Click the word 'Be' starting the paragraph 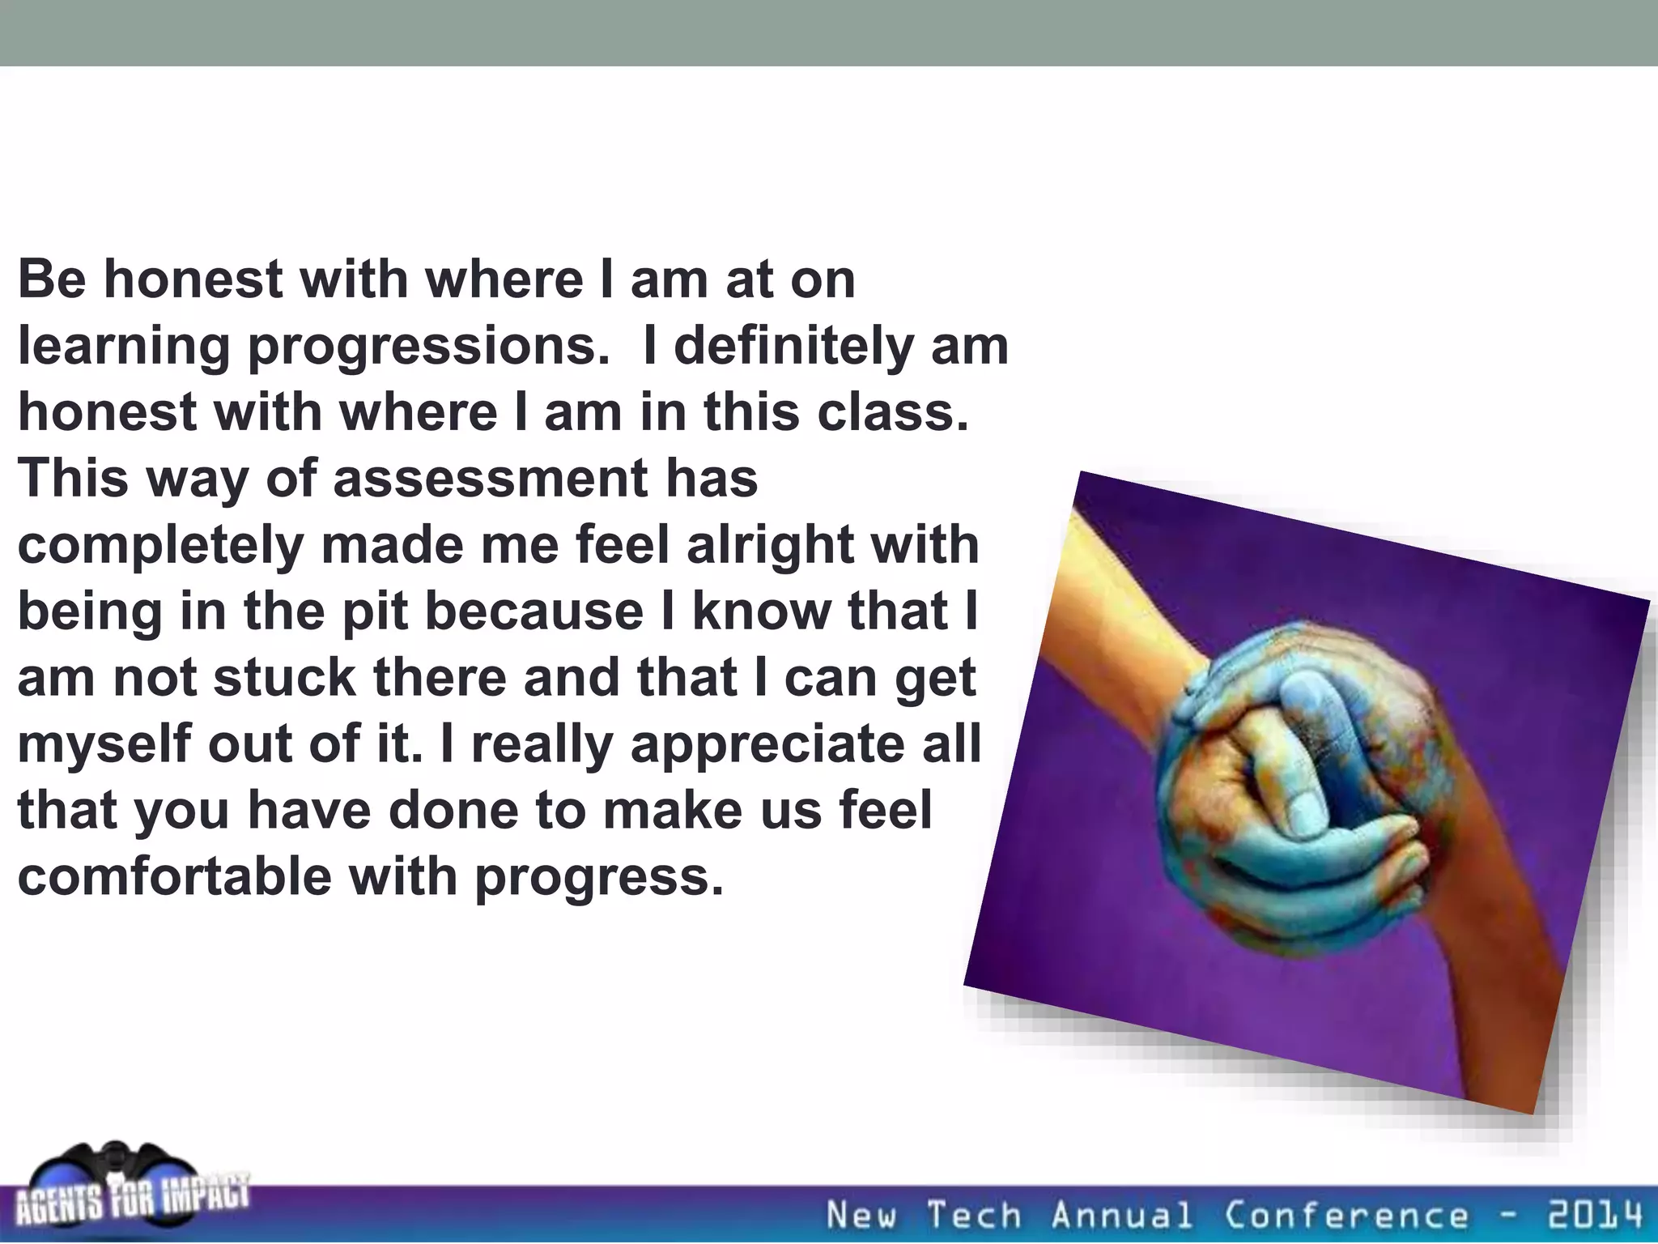(x=51, y=279)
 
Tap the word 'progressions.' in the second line (x=427, y=347)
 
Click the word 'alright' (x=770, y=545)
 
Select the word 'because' (x=534, y=611)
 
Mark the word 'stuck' (x=283, y=678)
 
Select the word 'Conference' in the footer (x=1346, y=1216)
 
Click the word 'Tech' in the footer (x=974, y=1216)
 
